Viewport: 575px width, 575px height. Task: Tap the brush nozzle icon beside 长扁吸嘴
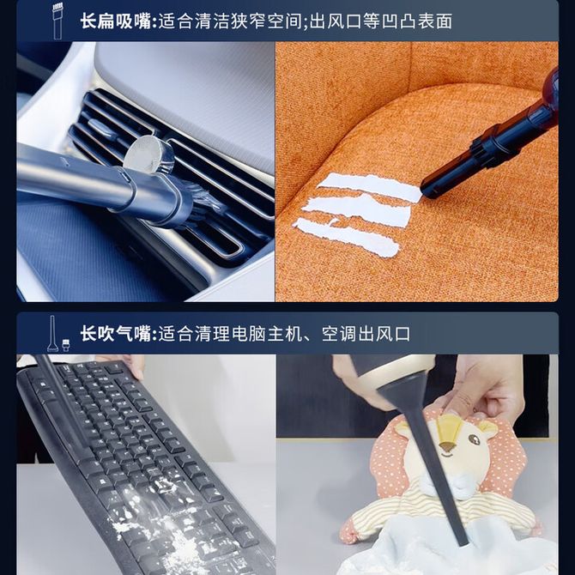(x=57, y=21)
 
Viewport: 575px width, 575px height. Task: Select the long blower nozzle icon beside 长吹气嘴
(x=52, y=334)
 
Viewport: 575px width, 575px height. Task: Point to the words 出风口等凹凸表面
(x=381, y=21)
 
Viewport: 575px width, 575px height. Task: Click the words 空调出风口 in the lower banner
(x=366, y=334)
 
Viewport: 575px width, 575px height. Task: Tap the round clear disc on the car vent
(x=148, y=154)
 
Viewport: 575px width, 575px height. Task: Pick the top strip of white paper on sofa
(x=371, y=186)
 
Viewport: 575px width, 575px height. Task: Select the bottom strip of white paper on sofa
(x=347, y=237)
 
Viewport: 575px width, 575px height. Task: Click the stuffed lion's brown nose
(x=447, y=446)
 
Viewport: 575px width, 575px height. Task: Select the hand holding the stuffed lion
(x=487, y=389)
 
